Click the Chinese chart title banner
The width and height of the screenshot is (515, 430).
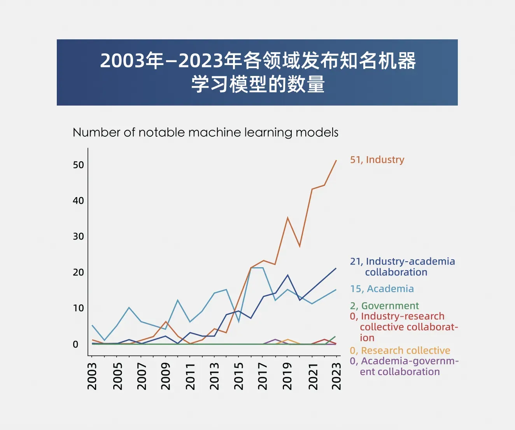pos(257,72)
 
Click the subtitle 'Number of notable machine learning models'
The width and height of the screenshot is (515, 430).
pos(205,132)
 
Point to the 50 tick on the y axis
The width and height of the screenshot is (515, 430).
pos(78,165)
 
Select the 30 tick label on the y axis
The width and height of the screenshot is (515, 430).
pos(78,236)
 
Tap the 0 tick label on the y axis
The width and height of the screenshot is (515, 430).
pos(75,344)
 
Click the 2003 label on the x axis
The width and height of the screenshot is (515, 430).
pos(92,376)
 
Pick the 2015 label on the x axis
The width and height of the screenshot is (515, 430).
pos(238,376)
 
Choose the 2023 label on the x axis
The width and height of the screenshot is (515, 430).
pos(336,376)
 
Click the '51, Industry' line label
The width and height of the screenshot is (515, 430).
pos(377,160)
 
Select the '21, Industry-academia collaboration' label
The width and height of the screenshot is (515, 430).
pos(402,267)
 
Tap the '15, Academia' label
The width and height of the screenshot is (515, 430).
pos(382,289)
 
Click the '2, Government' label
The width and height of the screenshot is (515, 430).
pos(384,306)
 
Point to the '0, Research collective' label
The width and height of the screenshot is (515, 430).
pos(400,351)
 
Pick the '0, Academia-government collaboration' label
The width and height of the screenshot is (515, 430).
pos(404,366)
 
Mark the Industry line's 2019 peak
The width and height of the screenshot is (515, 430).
pos(287,218)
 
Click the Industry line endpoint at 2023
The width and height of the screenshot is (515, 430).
pos(336,160)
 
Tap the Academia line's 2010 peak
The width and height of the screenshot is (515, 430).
pos(178,300)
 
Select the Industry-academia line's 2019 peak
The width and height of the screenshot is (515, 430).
pos(287,275)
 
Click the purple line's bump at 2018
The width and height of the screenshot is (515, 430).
pos(275,340)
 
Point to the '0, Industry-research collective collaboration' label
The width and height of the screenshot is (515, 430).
pos(404,327)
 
